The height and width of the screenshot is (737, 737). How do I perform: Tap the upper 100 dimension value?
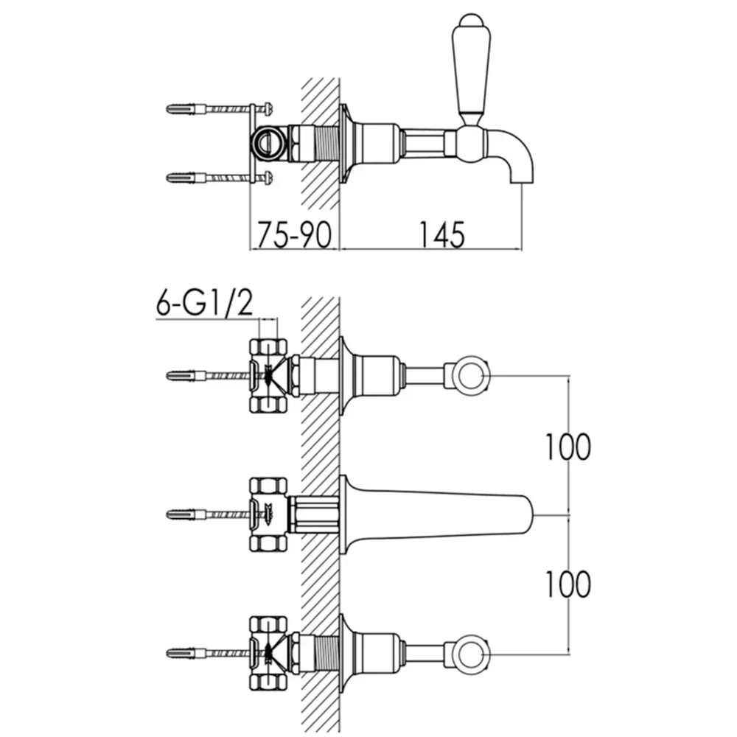[567, 447]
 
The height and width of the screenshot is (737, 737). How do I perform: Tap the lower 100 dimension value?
[567, 584]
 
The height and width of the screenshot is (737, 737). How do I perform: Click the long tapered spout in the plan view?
[437, 514]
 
